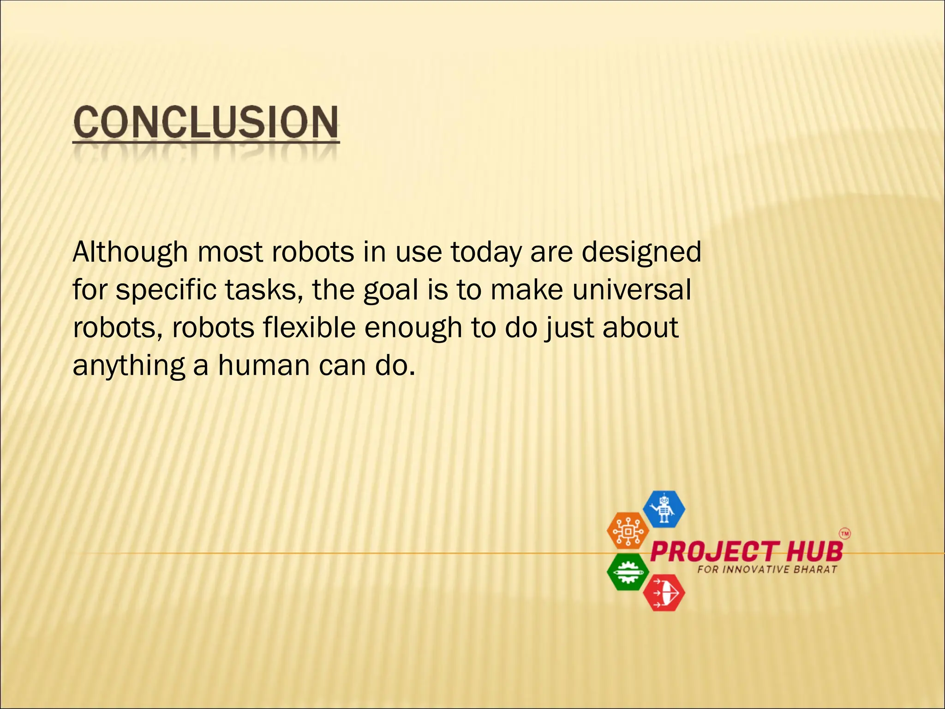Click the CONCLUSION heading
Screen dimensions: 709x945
[206, 122]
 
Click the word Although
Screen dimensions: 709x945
[130, 252]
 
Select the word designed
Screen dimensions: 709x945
[641, 252]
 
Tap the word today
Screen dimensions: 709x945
[485, 252]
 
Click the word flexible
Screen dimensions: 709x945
[309, 328]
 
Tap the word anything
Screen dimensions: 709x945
[129, 366]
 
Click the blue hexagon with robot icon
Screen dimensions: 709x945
[664, 509]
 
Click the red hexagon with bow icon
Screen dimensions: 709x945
[664, 593]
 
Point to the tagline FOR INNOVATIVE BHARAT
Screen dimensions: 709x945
[767, 570]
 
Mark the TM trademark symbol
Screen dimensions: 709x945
[844, 534]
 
